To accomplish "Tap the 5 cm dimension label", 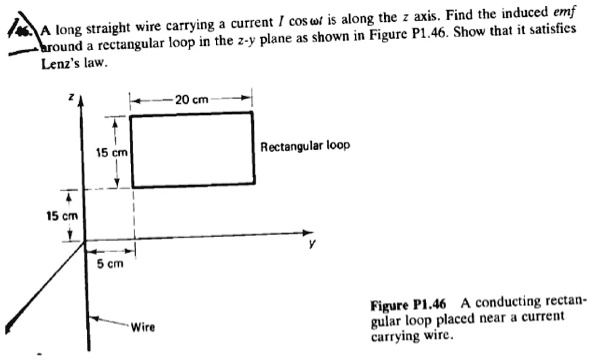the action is [x=109, y=264].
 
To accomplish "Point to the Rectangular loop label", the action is [x=305, y=146].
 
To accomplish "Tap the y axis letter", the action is [x=312, y=250].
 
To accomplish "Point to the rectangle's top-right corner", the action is [x=251, y=113].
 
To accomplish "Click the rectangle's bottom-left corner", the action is [x=133, y=185].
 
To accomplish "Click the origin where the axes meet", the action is [x=85, y=239].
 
